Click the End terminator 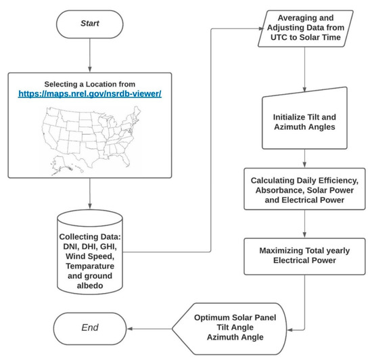pos(90,328)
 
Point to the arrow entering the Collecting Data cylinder pos(91,203)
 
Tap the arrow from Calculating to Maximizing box pos(309,225)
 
